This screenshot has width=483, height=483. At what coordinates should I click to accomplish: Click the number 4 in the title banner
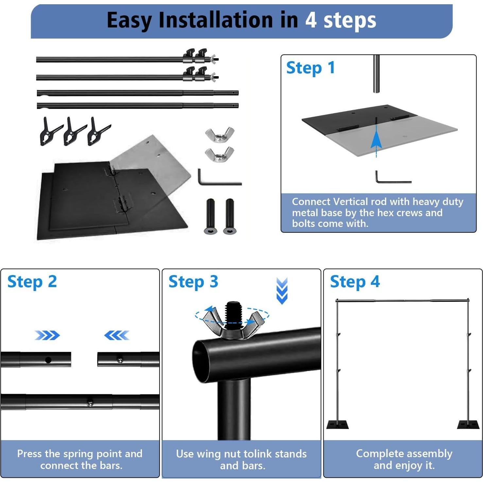coord(311,20)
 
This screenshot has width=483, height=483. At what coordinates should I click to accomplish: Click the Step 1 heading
coord(310,68)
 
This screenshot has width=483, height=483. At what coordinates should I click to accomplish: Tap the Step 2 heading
coord(32,282)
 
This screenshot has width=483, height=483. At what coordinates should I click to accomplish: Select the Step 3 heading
coord(193,282)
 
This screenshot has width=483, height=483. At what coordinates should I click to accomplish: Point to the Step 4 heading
coord(355,282)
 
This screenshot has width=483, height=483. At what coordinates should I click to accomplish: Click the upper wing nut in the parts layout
coord(220,134)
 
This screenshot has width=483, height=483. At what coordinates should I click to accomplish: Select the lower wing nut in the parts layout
coord(219,154)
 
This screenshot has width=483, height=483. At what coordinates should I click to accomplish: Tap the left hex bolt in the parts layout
coord(210,216)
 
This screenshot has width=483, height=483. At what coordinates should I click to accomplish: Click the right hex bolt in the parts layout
coord(229,216)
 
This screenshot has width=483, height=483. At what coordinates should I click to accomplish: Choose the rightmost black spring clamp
coord(97,131)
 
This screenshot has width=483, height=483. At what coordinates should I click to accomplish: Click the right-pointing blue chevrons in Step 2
coord(47,335)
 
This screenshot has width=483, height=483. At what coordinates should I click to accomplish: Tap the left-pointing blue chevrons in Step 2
coord(116,335)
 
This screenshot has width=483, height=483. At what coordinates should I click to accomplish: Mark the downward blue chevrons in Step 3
coord(282,291)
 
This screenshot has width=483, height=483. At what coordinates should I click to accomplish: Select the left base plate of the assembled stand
coord(337,424)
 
